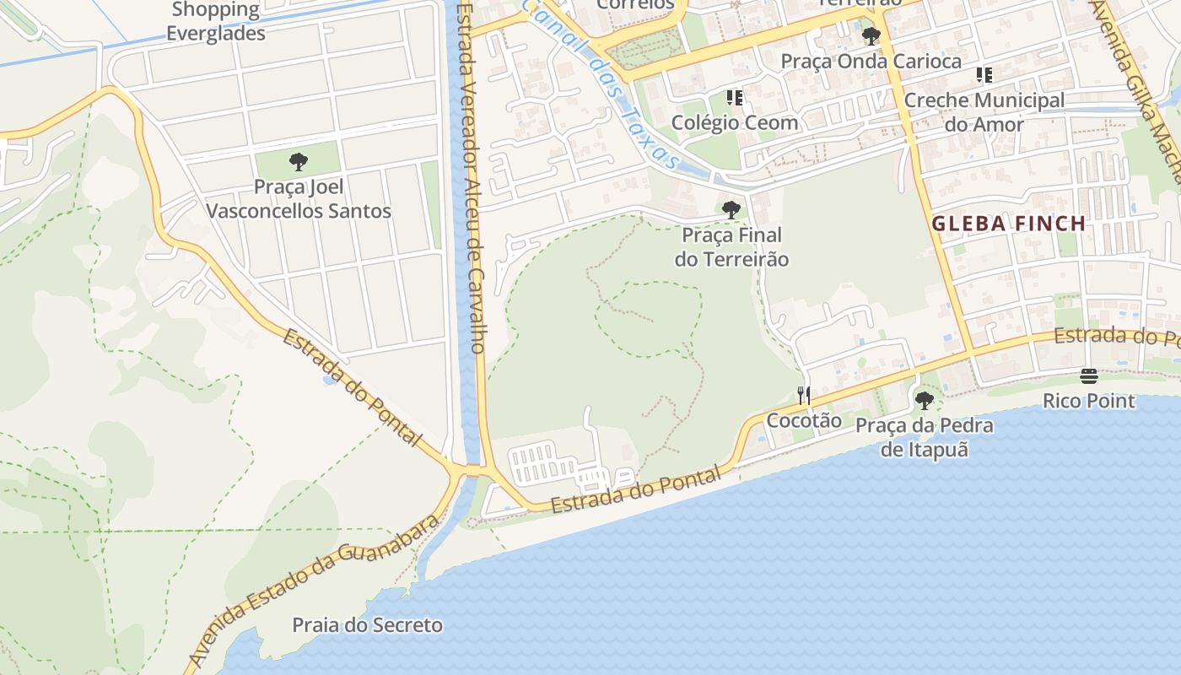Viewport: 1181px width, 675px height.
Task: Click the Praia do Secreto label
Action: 367,625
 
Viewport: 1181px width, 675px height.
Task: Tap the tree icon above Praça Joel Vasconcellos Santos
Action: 298,161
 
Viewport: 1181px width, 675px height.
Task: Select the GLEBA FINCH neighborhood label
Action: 1008,224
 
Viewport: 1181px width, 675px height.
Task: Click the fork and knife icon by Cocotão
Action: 804,395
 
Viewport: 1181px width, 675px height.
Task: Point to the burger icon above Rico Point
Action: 1089,376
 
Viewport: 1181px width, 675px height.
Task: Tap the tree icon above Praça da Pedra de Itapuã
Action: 925,400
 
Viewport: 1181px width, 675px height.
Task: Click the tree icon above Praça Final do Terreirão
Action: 731,209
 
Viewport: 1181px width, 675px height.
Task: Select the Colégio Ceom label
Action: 735,122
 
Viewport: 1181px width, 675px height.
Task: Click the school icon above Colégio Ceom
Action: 735,98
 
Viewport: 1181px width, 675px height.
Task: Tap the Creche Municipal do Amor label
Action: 984,112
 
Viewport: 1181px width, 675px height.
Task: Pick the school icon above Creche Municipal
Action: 984,75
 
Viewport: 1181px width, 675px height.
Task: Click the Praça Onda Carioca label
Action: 871,62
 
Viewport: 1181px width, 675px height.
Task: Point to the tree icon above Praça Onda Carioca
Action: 871,36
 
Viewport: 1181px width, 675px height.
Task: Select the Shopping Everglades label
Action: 216,22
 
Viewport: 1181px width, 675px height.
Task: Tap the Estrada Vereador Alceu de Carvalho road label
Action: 469,177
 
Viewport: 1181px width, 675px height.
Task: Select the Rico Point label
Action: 1089,400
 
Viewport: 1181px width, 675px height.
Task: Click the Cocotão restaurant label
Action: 804,419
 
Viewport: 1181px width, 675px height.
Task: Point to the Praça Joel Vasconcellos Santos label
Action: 299,198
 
